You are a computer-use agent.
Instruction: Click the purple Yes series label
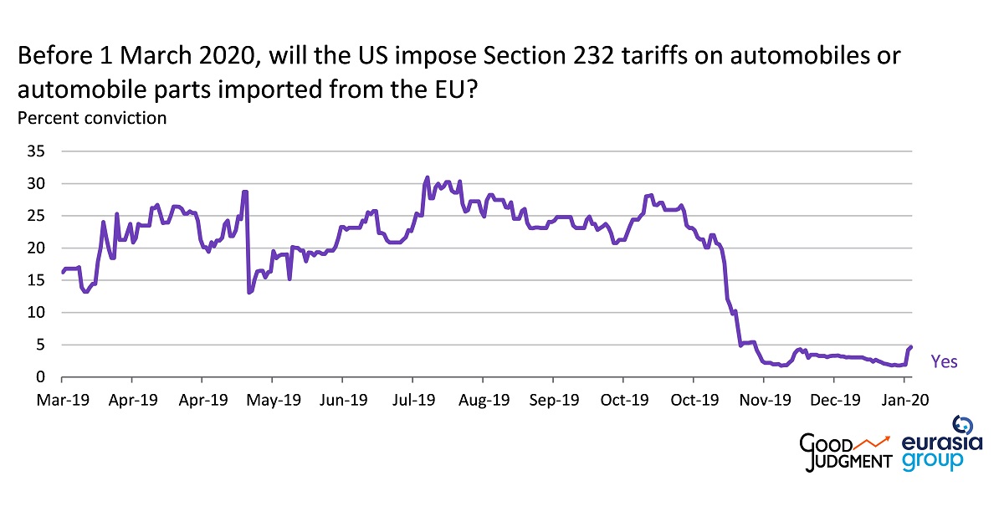[x=944, y=362]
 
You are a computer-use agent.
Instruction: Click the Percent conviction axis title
[x=92, y=118]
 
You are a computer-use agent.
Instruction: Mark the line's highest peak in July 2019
[x=427, y=177]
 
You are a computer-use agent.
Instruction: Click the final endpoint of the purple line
[x=910, y=347]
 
